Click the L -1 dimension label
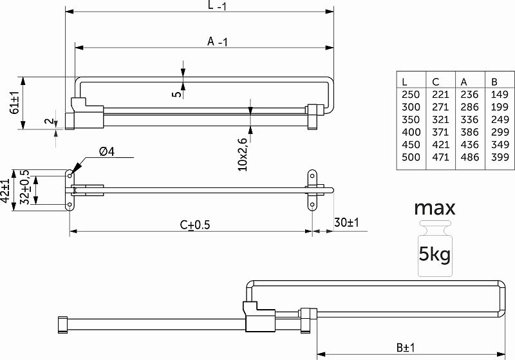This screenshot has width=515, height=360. coord(217,5)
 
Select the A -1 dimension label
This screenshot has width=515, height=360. coord(217,41)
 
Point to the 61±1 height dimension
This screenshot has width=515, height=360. coord(15,103)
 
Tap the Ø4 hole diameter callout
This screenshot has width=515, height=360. coord(107,151)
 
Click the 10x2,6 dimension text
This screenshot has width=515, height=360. coord(243,155)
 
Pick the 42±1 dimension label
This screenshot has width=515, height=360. coord(5,191)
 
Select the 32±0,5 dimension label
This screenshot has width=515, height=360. coord(24,187)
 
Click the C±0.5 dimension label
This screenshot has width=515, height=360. coord(195,225)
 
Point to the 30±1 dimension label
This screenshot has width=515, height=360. coord(346,222)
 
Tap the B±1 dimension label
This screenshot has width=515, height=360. coord(406,348)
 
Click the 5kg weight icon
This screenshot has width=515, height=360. coord(435,249)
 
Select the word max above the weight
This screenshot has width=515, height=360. coord(435,208)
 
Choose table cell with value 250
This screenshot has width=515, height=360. coord(411,95)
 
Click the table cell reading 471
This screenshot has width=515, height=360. coord(440,157)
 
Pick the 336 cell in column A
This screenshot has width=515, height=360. coord(469,120)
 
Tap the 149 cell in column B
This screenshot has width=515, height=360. coord(500,95)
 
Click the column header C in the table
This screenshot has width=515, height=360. coord(436,82)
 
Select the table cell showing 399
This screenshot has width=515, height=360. coord(500,157)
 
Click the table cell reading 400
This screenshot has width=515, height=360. coord(411,132)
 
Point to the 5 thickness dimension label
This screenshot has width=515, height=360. coord(176,94)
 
